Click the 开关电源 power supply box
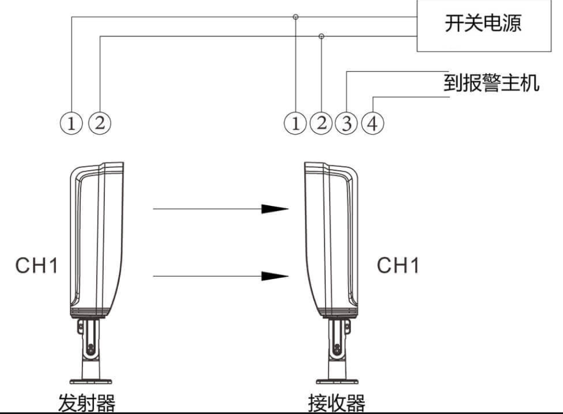[x=483, y=25]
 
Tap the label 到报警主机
[x=491, y=83]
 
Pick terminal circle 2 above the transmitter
[x=99, y=122]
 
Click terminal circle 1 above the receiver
[x=296, y=122]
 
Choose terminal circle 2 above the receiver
[x=321, y=122]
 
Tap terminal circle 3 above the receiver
[x=347, y=122]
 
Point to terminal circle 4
[x=372, y=122]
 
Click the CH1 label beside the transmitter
[x=36, y=266]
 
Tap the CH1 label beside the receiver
[x=398, y=266]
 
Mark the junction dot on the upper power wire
[x=296, y=17]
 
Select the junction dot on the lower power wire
[x=322, y=36]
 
